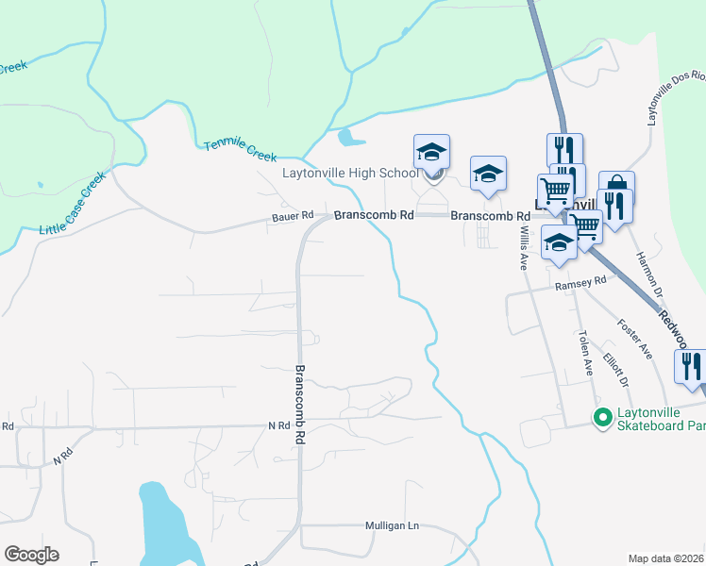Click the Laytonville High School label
(349, 173)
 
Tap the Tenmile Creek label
(241, 149)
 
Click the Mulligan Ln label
(392, 525)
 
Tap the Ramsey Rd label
(580, 283)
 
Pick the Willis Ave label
(523, 248)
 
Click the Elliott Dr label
(619, 370)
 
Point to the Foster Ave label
(634, 338)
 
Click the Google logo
(31, 555)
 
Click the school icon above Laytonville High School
(431, 152)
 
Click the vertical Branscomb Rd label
(300, 404)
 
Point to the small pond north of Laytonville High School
(350, 139)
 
